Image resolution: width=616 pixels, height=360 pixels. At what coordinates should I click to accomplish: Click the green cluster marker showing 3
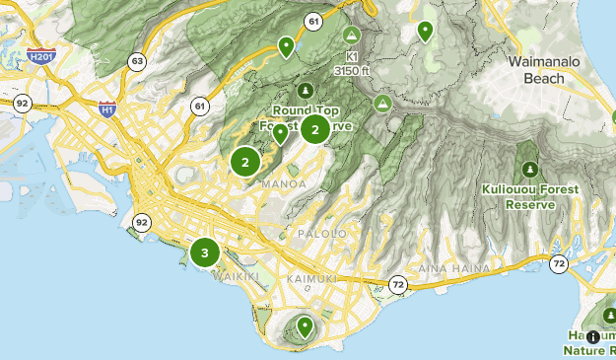point(204,252)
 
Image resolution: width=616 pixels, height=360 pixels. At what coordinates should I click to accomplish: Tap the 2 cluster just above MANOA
point(244,161)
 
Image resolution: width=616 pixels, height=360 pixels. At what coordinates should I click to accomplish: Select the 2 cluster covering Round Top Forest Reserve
point(314,129)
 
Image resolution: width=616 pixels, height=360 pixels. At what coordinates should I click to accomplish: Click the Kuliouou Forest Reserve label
point(530,196)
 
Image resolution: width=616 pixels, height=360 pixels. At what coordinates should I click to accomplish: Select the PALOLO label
point(321,234)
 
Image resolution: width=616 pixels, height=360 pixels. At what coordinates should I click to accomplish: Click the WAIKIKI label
point(237,277)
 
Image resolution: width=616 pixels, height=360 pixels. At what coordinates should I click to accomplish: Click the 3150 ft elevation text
point(352,70)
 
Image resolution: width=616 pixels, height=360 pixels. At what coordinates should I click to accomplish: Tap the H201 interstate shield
point(40,57)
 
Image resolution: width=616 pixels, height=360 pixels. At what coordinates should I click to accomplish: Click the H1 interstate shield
point(106,110)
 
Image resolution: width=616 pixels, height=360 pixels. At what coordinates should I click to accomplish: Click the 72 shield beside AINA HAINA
point(396,284)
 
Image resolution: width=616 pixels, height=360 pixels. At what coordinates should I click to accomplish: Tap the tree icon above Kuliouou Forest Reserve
point(531,169)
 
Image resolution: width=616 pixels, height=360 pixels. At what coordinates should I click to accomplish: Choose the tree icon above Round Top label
point(306,91)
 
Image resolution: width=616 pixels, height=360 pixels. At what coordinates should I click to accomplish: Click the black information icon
point(592,336)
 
